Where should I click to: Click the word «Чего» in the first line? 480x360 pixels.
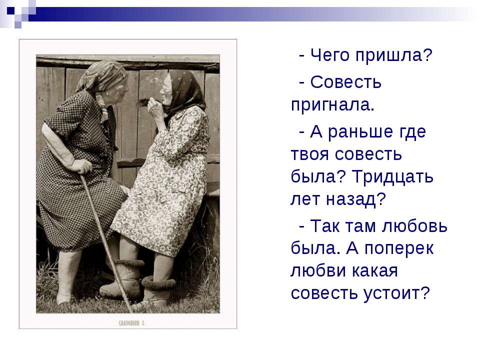coord(329,55)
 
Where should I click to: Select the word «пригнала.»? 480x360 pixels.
coord(332,105)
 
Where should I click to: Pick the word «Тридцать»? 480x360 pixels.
coord(392,176)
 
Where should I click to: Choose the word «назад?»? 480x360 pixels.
coord(355,199)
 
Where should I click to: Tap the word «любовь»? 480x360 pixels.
coord(415,226)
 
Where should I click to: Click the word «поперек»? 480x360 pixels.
coord(399,248)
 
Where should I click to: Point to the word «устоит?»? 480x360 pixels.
coord(396,293)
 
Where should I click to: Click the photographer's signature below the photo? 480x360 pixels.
coord(131,323)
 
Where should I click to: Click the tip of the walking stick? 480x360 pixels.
coord(131,311)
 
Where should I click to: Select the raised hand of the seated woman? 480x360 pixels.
coord(155,108)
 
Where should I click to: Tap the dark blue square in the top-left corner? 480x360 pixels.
coord(11,10)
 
